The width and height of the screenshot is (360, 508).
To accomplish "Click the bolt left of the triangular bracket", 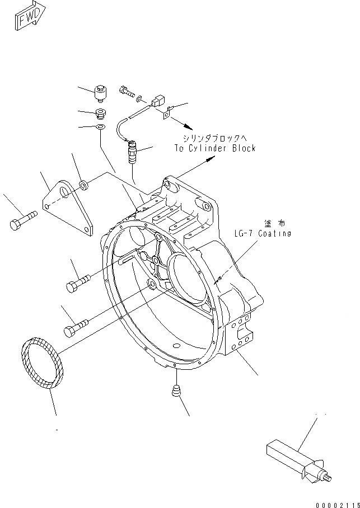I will pyautogui.click(x=21, y=219).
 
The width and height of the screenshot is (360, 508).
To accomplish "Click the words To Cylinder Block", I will pyautogui.click(x=214, y=148).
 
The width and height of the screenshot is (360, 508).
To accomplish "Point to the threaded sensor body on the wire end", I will pyautogui.click(x=132, y=153).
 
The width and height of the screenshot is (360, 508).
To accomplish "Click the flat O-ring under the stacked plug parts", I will pyautogui.click(x=100, y=129).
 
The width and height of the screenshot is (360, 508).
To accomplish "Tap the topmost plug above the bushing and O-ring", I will pyautogui.click(x=102, y=91).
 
